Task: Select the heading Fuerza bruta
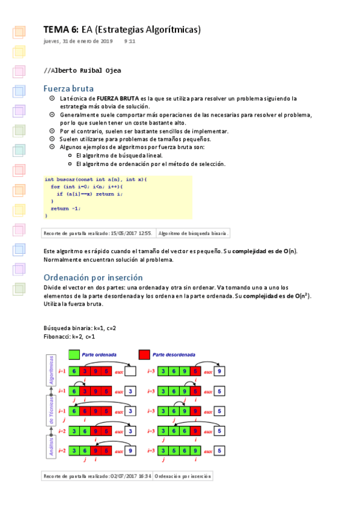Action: (x=69, y=88)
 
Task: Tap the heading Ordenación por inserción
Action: (x=93, y=277)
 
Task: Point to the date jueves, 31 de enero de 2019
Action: (x=78, y=41)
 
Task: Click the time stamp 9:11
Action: (x=130, y=41)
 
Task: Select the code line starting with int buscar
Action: (x=96, y=179)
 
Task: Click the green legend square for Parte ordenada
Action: (x=75, y=355)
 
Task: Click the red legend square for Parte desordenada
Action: (x=144, y=355)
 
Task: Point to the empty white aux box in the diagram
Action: (x=131, y=372)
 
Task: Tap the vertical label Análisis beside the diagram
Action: (x=52, y=445)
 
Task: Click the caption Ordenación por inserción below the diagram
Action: (x=183, y=476)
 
